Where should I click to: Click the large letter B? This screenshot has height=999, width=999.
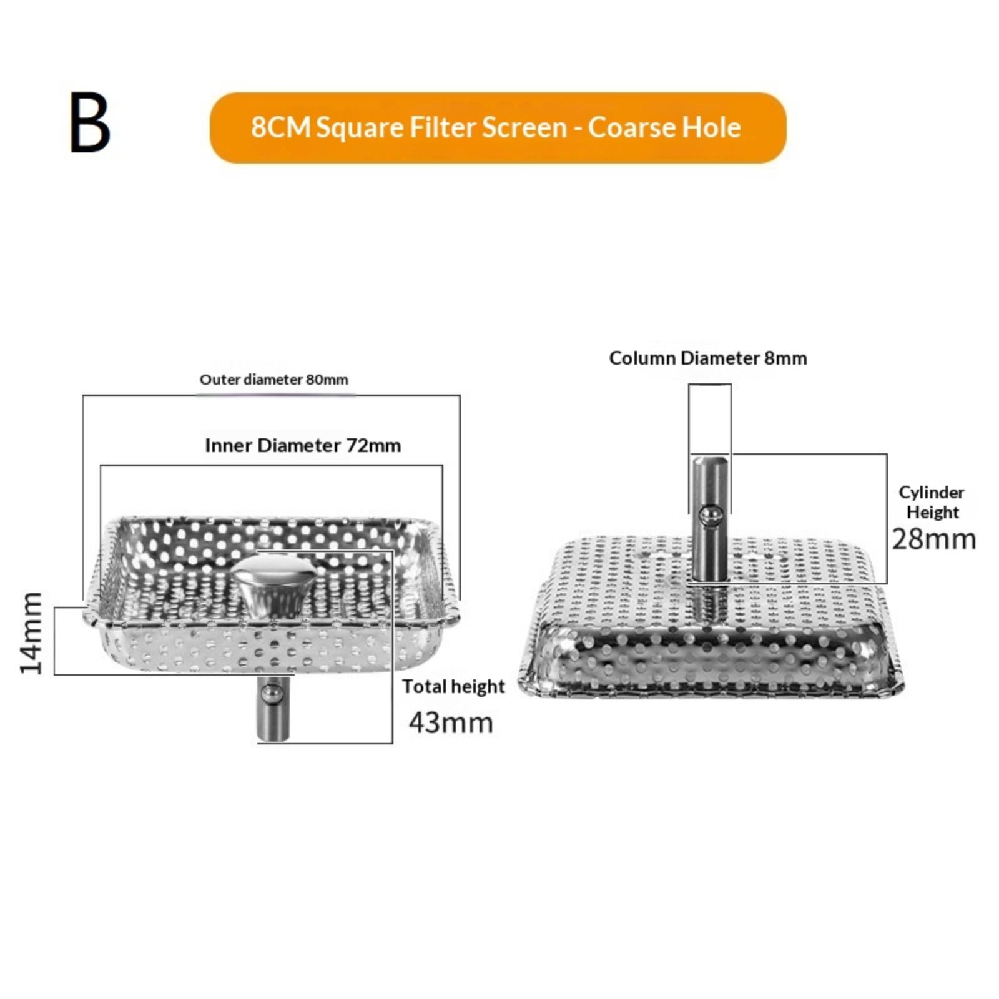click(x=90, y=123)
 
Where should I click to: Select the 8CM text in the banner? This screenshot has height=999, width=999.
click(x=280, y=128)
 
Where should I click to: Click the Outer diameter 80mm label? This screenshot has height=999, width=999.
click(x=273, y=380)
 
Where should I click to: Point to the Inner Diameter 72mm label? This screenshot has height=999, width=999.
click(x=303, y=446)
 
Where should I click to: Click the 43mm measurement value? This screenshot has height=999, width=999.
click(x=451, y=722)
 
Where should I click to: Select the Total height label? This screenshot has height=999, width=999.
click(x=453, y=686)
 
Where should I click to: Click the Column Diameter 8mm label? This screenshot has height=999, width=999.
click(x=707, y=358)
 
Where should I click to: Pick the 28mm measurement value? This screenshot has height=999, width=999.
click(x=933, y=539)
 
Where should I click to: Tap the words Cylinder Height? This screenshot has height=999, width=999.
click(x=932, y=502)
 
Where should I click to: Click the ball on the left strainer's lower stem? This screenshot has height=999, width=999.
click(x=270, y=692)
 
